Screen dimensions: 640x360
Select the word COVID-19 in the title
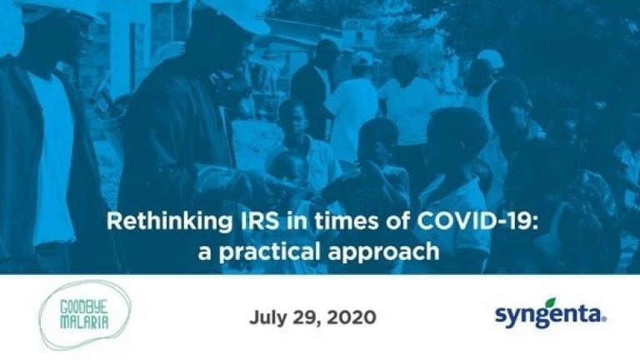(473, 221)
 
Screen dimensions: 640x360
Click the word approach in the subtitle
(383, 252)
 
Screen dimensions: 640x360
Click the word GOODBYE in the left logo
(84, 307)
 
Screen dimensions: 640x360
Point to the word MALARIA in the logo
(84, 322)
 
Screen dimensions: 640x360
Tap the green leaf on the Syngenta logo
(551, 302)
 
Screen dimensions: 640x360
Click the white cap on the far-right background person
(491, 58)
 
